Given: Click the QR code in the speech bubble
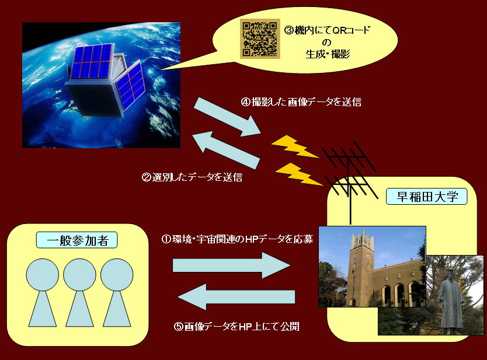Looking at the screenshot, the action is (260, 39).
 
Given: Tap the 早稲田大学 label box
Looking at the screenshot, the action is (426, 197).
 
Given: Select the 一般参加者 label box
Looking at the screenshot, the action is (76, 240).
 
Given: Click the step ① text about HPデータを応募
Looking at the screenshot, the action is (237, 239).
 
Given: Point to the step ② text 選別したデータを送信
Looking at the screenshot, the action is (192, 177).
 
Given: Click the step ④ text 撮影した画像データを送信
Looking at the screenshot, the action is (301, 102).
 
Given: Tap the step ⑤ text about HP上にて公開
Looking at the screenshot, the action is (236, 327).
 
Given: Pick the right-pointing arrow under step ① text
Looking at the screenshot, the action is (232, 265).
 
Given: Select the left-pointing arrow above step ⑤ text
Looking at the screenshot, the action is (236, 297).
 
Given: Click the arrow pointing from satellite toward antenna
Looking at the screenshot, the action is (228, 117).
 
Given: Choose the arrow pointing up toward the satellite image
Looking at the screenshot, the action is (226, 150).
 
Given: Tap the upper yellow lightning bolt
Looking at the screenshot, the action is (295, 146).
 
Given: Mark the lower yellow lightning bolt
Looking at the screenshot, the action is (299, 174).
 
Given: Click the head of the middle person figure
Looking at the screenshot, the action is (79, 275).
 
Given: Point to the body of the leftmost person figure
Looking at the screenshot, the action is (43, 309).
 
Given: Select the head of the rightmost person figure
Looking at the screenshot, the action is (117, 275).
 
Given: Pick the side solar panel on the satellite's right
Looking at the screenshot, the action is (130, 85).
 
